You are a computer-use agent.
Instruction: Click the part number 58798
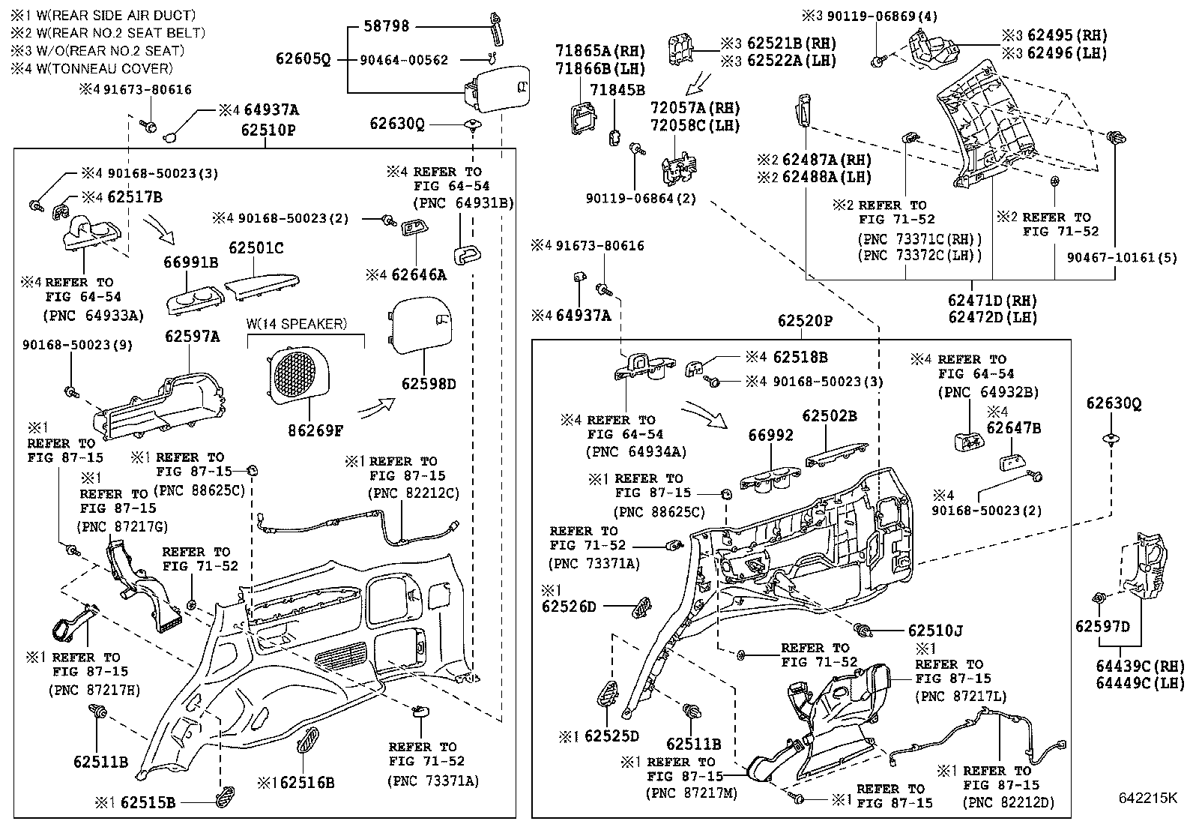[386, 26]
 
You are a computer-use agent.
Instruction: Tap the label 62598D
[429, 383]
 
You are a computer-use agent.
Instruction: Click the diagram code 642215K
[1148, 798]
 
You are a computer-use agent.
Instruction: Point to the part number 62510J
[934, 632]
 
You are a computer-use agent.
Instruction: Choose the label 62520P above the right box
[805, 321]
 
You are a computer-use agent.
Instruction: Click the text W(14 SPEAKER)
[297, 324]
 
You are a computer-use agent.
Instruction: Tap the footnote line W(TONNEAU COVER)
[92, 68]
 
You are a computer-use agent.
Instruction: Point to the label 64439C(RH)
[1140, 666]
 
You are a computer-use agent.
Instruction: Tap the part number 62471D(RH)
[992, 299]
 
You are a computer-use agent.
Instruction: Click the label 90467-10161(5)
[1122, 258]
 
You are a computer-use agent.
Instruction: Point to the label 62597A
[193, 337]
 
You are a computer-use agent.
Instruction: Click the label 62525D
[611, 736]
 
